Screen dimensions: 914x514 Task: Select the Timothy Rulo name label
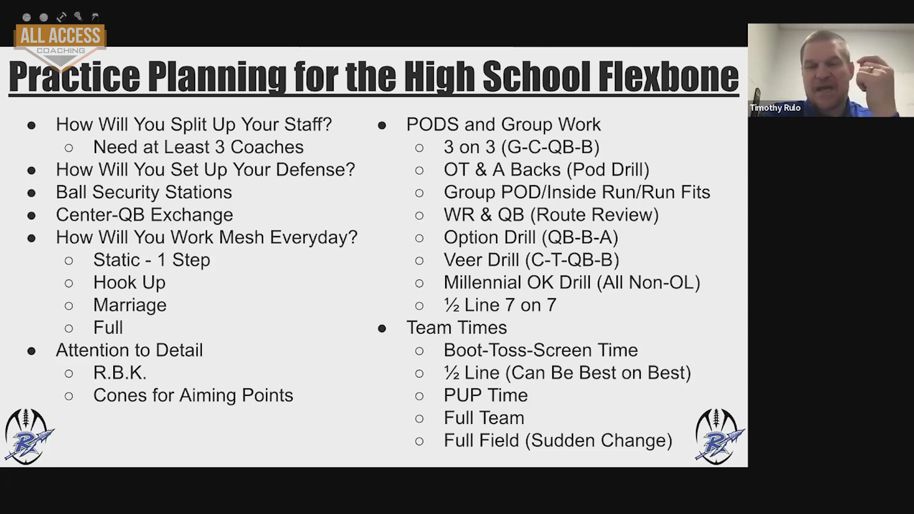pos(775,108)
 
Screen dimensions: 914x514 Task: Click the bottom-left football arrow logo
pos(29,436)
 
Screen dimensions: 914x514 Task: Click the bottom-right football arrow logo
pos(719,436)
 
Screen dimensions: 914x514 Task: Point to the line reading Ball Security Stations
pos(144,192)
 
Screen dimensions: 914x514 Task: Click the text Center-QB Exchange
pos(144,215)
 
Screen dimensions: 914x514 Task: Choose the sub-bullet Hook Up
pos(129,283)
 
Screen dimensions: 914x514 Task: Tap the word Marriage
pos(130,305)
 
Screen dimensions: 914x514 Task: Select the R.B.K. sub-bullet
pos(119,373)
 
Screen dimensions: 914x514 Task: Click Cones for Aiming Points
pos(193,395)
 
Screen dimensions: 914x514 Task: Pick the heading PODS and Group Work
pos(503,125)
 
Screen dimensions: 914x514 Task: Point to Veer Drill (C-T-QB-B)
pos(531,260)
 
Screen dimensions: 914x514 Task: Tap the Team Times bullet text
pos(457,327)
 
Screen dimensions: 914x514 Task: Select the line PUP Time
pos(486,395)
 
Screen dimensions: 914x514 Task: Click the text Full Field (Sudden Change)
pos(558,441)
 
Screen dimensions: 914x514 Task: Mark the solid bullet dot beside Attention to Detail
pos(31,351)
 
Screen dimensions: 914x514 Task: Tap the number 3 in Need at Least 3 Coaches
pos(219,148)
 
